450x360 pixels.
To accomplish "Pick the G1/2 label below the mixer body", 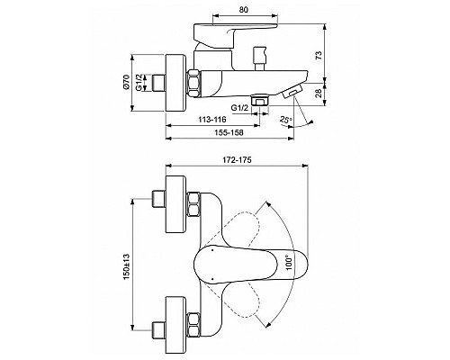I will point(240,106).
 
